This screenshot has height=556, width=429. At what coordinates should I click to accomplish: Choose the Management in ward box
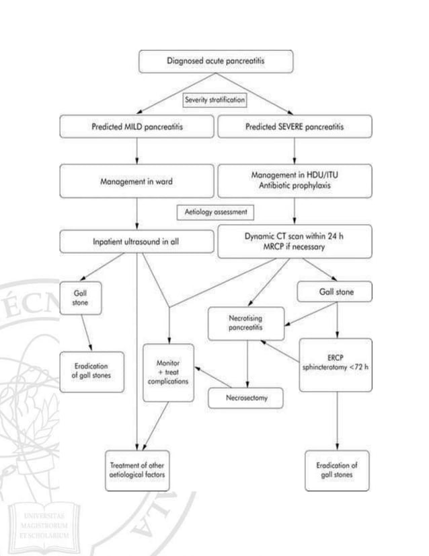point(137,179)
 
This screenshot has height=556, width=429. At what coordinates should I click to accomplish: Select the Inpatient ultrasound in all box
point(137,240)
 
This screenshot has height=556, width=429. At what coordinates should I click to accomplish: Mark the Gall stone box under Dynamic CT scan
point(334,293)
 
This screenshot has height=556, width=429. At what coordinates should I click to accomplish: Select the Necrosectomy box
point(247,398)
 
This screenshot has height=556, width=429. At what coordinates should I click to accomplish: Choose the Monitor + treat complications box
point(168,373)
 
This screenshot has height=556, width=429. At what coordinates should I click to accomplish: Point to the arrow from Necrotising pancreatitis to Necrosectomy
point(247,363)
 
